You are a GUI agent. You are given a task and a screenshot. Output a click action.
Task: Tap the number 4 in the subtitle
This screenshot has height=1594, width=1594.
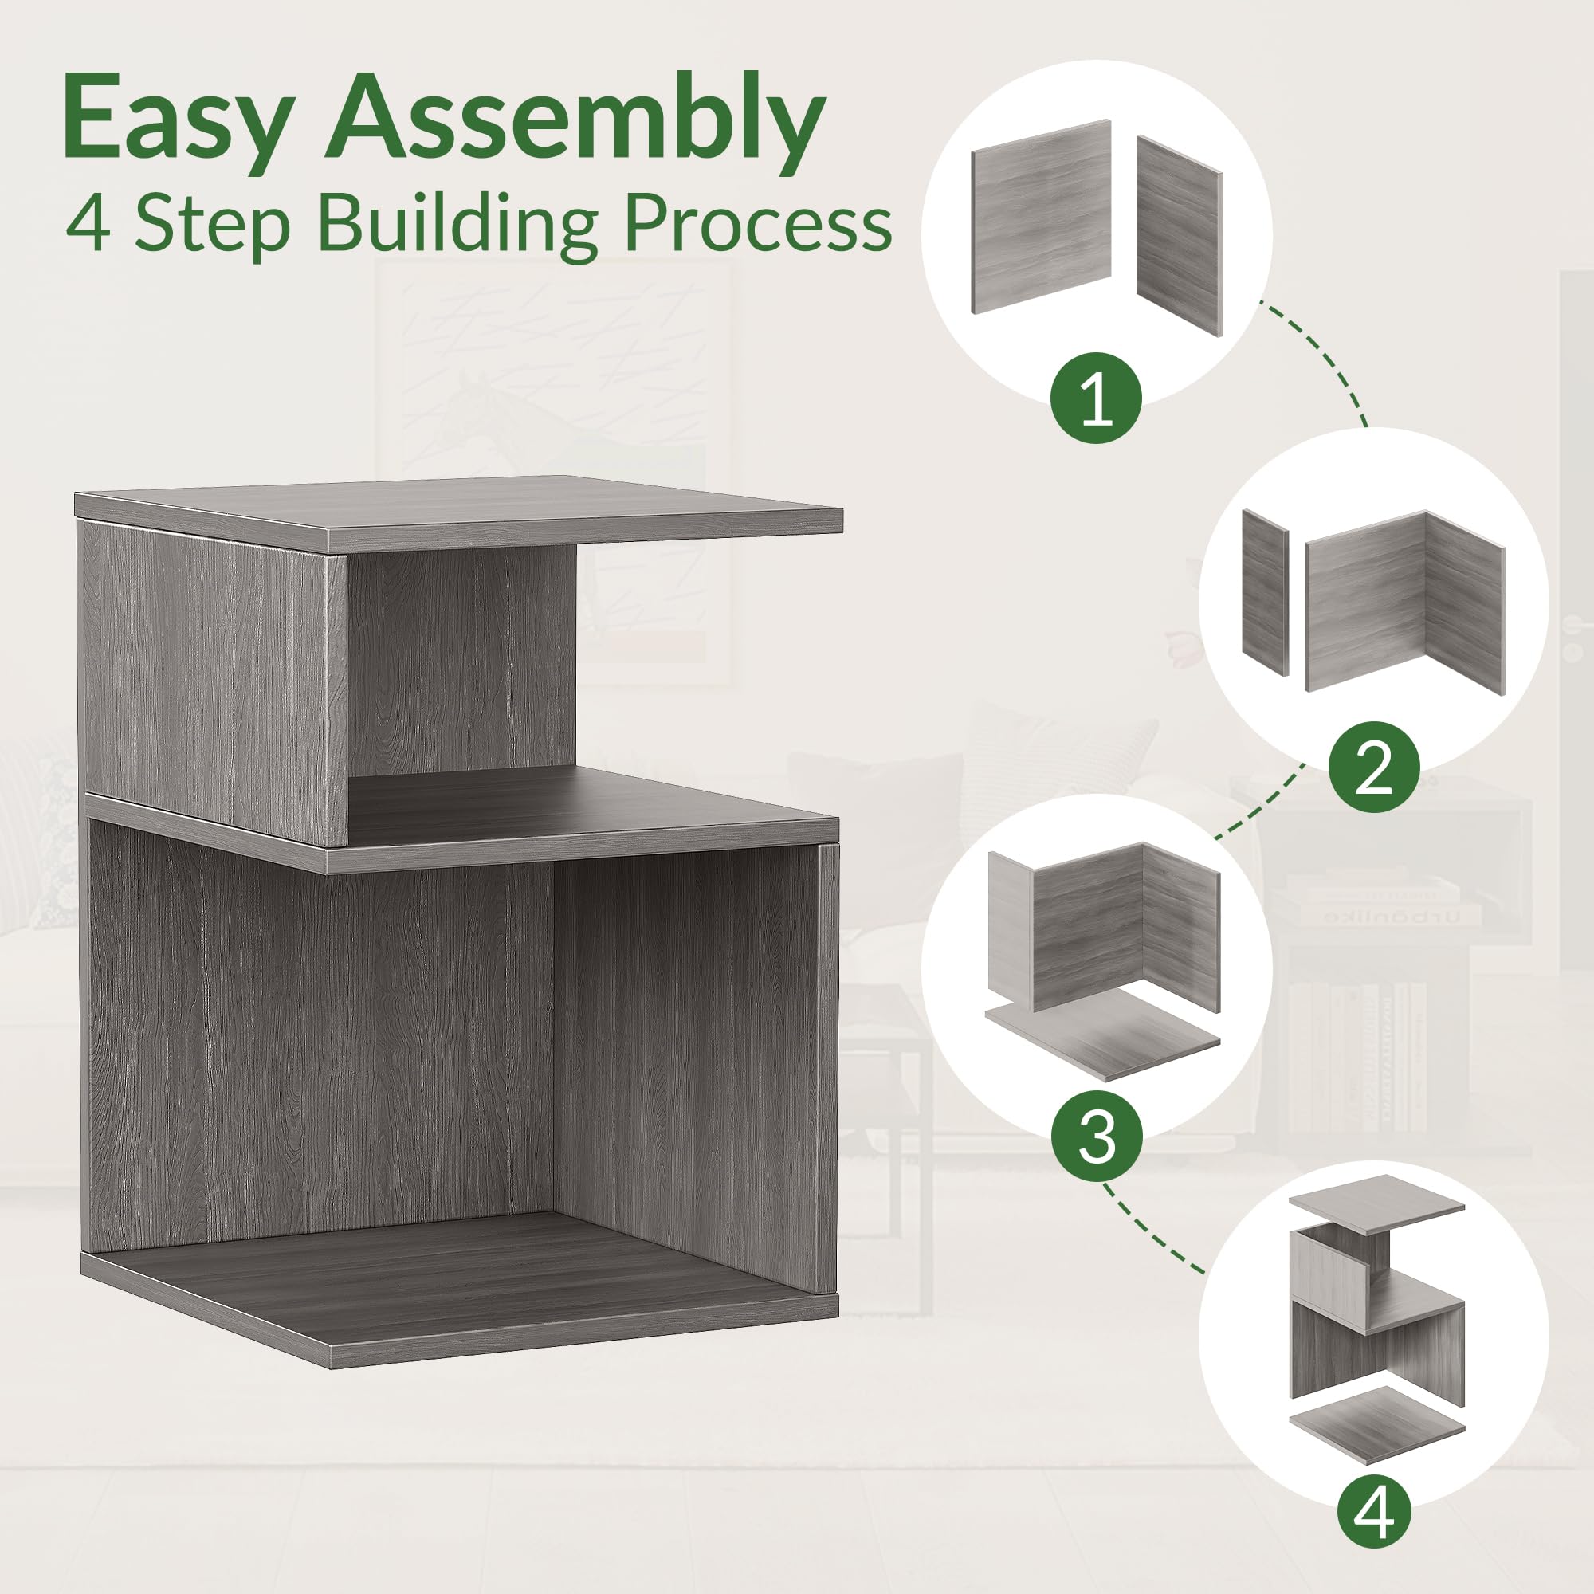(x=89, y=226)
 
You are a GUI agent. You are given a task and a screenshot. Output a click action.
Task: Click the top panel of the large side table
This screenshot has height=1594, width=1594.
(x=459, y=512)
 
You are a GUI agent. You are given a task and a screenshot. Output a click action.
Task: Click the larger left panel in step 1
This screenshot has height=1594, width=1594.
(x=1041, y=216)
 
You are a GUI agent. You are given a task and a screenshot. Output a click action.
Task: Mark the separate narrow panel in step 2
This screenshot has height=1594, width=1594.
(x=1265, y=591)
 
